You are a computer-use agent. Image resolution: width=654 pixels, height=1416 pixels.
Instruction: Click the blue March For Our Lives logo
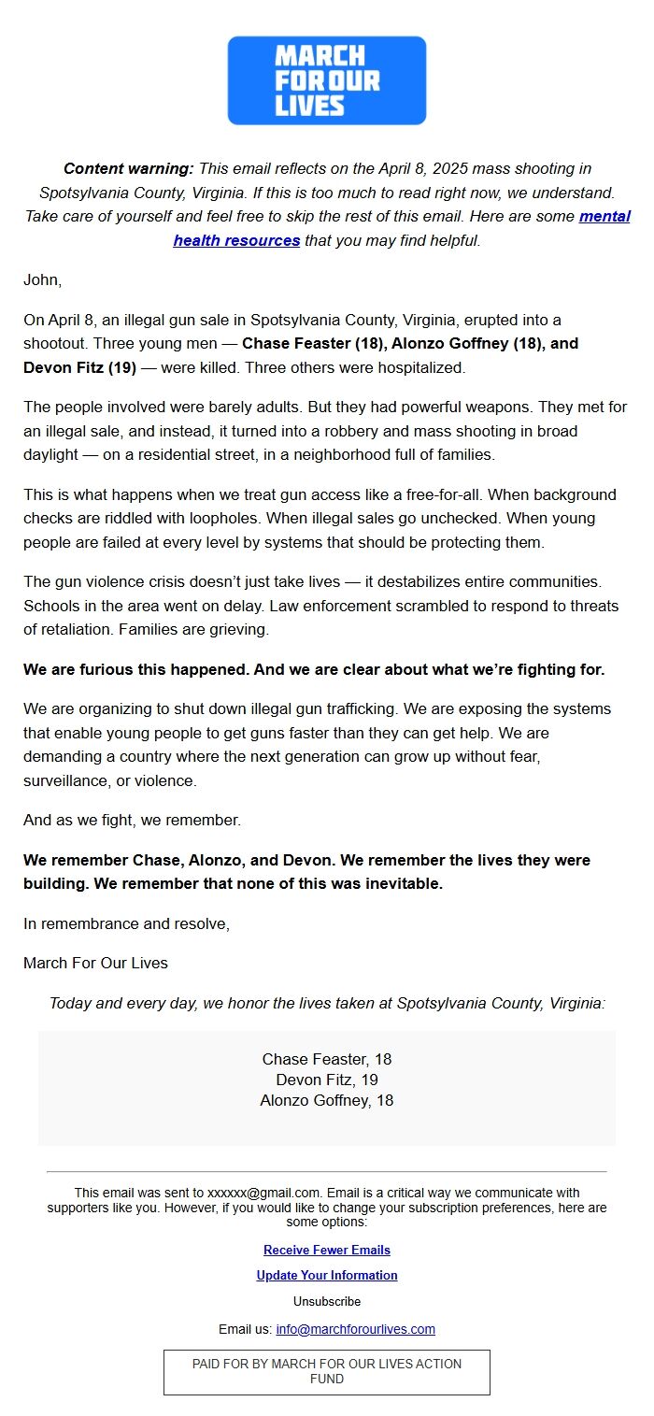327,80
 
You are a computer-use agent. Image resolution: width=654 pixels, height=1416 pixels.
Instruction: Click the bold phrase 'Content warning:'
128,169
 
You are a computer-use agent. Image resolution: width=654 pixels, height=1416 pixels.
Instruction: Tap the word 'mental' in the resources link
604,217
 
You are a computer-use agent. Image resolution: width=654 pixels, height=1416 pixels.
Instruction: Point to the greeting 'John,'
42,279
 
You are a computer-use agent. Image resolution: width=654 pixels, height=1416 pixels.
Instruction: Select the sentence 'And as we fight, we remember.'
132,821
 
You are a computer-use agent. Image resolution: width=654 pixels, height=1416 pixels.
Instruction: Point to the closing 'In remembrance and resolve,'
126,923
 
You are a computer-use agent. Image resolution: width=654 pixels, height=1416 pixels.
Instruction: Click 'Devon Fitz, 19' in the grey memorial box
327,1080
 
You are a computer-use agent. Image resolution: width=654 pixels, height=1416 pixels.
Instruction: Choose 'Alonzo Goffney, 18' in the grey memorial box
327,1100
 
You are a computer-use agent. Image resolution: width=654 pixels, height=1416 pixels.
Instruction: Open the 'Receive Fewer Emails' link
327,1250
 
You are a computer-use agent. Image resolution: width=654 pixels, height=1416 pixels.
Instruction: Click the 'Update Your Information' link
327,1275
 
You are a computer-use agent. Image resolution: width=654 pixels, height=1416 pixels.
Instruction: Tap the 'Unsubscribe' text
327,1301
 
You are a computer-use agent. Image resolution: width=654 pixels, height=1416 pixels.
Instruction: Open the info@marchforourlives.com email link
355,1329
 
